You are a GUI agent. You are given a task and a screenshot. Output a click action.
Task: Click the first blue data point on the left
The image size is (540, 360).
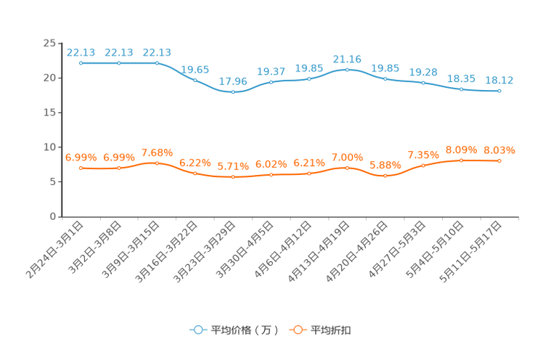(x=81, y=63)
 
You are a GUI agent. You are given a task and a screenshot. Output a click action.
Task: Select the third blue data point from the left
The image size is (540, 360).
(x=157, y=63)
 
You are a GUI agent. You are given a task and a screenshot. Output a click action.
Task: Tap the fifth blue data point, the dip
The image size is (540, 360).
(x=233, y=93)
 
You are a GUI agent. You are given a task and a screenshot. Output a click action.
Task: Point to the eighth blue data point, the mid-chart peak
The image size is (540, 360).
(x=347, y=70)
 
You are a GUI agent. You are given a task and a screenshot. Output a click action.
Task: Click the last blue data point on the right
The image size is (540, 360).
(x=499, y=91)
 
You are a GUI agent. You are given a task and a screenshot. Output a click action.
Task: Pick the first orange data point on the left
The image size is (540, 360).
(x=81, y=168)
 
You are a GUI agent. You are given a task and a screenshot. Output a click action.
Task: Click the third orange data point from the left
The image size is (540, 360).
(x=157, y=163)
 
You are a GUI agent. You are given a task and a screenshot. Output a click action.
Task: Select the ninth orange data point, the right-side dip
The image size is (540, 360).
(x=385, y=175)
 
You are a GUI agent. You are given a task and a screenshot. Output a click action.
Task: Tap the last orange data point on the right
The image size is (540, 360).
(x=499, y=160)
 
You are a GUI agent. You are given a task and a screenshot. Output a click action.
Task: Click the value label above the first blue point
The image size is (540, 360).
(x=81, y=52)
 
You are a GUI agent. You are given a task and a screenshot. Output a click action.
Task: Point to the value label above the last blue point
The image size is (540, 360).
(x=499, y=80)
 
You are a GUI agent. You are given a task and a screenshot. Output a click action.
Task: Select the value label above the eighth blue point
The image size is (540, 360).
(x=347, y=58)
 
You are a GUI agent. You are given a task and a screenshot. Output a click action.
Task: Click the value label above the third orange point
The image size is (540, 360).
(x=157, y=152)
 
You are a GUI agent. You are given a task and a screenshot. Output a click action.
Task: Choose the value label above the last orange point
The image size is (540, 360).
(x=499, y=150)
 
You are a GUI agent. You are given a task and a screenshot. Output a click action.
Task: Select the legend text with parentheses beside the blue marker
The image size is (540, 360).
(x=245, y=330)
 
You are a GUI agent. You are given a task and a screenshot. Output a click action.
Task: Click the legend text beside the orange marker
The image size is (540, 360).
(x=332, y=330)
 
